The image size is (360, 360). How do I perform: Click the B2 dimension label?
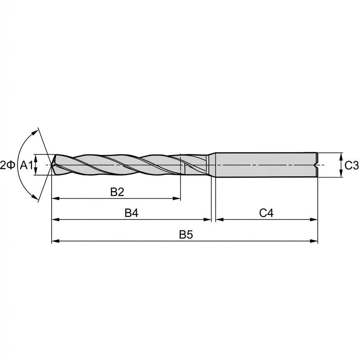pos(117,192)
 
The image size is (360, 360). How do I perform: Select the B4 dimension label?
pos(131,213)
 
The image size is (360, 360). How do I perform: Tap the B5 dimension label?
pos(186,234)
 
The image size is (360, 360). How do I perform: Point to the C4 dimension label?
pos(266,213)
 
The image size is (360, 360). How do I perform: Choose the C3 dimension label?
pos(351,166)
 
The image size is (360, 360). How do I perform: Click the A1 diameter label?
pos(26,166)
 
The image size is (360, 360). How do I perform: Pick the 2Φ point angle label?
pos(8,166)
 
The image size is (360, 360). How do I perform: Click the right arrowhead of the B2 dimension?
pos(178,199)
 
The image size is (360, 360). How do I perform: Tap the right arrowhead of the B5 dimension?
pos(315,241)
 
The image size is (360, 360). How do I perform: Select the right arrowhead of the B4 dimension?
pos(208,220)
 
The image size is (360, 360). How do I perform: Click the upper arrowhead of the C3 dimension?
pos(341,156)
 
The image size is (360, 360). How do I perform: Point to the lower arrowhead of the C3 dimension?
pos(341,175)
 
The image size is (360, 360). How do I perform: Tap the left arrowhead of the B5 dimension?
pos(54,241)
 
